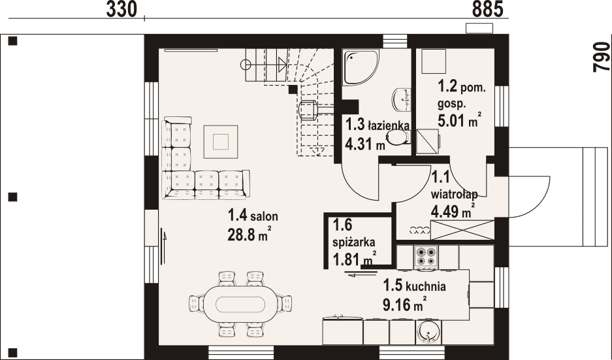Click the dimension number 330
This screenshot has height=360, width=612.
pos(121,9)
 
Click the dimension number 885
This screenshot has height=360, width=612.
pos(487,9)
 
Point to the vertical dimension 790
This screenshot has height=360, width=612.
pos(602,57)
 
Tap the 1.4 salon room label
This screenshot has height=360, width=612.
pos(253,215)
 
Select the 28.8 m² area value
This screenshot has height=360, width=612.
pos(249,235)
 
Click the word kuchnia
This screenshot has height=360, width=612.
pos(426,287)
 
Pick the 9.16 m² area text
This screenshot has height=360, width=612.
pos(404,304)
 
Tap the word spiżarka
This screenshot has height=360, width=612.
pos(353,242)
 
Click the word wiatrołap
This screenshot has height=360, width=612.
pos(455,193)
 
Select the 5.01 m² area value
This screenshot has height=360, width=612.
pos(459,120)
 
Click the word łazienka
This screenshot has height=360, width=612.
pos(389,125)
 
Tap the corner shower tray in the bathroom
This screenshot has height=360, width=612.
pos(361,67)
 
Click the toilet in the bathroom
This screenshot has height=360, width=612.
pos(398,137)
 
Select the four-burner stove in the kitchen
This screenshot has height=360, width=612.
pos(426,257)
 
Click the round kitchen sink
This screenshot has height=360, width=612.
pos(428,332)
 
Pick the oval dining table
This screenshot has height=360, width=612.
pos(241,304)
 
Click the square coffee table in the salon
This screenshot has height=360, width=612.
pos(221,141)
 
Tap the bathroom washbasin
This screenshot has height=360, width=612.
pos(402,99)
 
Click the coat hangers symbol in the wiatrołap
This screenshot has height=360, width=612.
pos(420,231)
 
